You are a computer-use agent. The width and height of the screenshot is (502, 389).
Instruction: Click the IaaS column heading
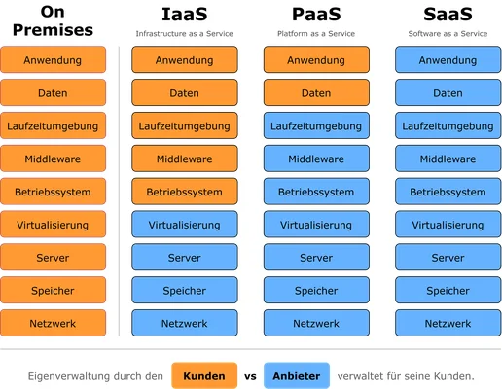tap(184, 15)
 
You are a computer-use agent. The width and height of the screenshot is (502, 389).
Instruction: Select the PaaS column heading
tap(316, 15)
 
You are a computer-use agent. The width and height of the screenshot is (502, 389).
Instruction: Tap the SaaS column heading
tap(448, 15)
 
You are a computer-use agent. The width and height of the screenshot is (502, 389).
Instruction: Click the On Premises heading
tap(53, 20)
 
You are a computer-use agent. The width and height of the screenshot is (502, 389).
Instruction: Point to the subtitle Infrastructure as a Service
tap(184, 34)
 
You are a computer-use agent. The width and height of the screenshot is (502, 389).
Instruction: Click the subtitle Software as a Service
tap(448, 34)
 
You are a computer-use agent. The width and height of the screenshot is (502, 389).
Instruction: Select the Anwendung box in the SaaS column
tap(448, 60)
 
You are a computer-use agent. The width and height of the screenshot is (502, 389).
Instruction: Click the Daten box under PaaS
tap(316, 93)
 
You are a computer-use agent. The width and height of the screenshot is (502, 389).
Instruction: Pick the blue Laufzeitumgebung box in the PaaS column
tap(316, 126)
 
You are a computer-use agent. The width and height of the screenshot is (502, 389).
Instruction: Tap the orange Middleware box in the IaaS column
tap(184, 159)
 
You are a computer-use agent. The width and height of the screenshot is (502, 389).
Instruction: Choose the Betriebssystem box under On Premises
tap(53, 192)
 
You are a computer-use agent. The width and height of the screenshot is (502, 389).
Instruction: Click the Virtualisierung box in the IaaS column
tap(184, 225)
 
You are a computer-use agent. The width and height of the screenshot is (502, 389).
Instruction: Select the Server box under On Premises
tap(53, 258)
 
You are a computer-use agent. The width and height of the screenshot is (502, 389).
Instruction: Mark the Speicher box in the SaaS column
tap(448, 290)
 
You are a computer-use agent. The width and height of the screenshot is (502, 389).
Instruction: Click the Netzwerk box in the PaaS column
tap(316, 323)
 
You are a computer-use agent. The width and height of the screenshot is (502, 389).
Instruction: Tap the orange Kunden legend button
tap(203, 375)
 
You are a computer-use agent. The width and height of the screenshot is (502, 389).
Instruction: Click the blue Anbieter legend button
tap(296, 375)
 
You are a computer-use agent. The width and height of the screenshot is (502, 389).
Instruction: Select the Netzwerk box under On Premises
tap(53, 323)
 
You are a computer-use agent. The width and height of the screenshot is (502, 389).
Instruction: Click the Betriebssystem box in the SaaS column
tap(448, 192)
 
